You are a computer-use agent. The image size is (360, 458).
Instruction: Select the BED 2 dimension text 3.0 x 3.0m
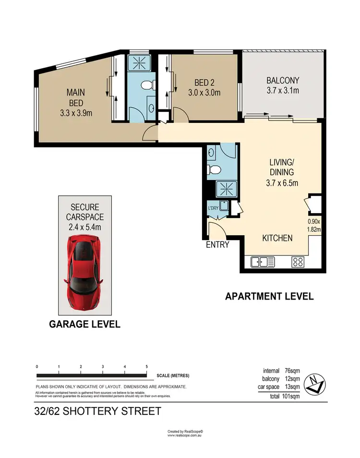point(204,93)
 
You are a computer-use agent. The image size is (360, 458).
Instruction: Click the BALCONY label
point(283,81)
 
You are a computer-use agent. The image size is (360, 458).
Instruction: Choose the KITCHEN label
point(277,238)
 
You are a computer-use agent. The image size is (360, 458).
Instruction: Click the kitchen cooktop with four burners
point(298,262)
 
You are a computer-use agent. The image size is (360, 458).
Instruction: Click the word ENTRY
point(217,245)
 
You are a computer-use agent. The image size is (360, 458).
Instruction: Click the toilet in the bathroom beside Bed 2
point(147,85)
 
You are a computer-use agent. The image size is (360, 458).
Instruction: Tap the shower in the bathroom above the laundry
point(224,189)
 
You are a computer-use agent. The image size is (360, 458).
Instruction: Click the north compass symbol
point(317,383)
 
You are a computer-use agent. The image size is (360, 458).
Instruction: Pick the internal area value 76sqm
point(292,371)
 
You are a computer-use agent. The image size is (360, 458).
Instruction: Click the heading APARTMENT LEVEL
point(269,296)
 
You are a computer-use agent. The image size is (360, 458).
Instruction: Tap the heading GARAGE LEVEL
point(85,325)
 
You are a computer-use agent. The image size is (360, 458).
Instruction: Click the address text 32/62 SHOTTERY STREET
point(97,411)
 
